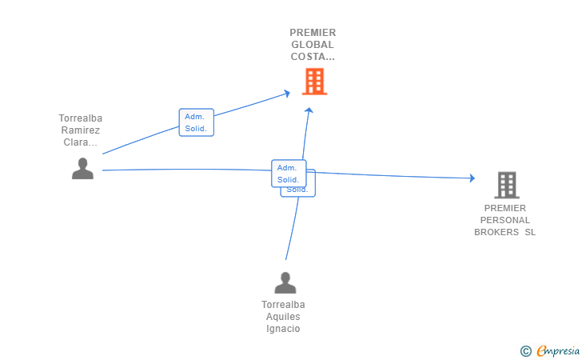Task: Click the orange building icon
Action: point(314,82)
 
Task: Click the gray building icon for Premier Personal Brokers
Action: point(506,185)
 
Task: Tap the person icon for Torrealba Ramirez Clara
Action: point(82,169)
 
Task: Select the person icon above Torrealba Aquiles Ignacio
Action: point(285,282)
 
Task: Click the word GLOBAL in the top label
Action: point(313,45)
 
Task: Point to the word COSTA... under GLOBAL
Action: point(313,57)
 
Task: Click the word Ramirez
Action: point(81,130)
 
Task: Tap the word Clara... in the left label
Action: point(81,142)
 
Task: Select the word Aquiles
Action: point(283,317)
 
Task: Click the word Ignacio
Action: point(283,329)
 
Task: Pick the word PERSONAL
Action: point(505,220)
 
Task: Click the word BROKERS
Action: point(496,232)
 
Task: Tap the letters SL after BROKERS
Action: point(530,232)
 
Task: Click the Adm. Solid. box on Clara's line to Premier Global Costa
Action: point(196,122)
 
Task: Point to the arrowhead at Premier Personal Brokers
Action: point(472,178)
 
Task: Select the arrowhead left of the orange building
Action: point(287,94)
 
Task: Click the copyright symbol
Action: point(525,350)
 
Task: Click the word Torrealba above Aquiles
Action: point(283,305)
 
